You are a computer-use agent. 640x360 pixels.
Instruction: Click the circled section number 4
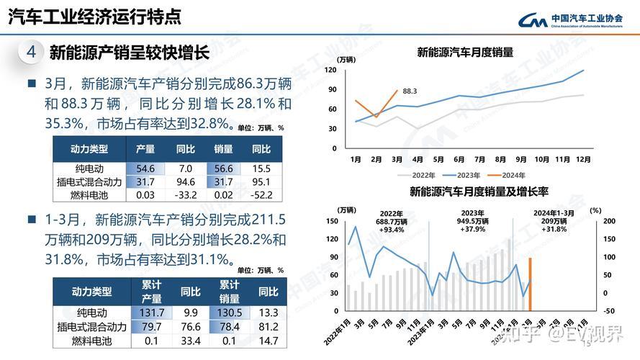coord(31,53)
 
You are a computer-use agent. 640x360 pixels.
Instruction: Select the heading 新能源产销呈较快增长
coord(129,53)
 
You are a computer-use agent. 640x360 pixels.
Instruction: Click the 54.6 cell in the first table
coord(145,168)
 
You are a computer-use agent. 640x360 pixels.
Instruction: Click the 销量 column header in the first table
coord(223,149)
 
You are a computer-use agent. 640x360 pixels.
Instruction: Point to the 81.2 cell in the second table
coord(268,327)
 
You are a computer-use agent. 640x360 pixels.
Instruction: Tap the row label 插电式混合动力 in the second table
coord(91,327)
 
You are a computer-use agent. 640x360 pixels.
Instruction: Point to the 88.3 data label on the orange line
coord(410,91)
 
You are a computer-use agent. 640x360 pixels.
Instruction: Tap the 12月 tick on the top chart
coord(583,159)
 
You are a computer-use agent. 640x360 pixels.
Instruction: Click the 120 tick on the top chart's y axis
coord(331,70)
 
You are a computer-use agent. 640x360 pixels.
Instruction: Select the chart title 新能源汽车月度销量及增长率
coord(479,192)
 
